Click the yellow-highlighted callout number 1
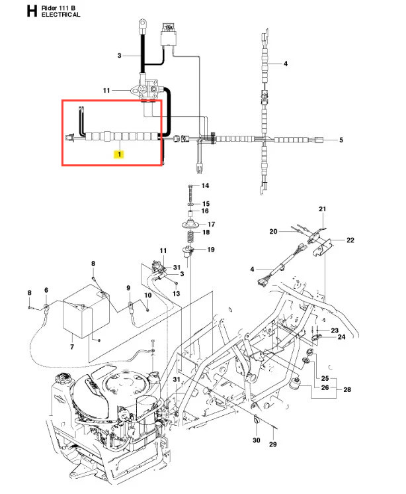119,154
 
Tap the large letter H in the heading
32,11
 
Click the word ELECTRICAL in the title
61,15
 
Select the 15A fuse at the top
169,28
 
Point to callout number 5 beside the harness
341,140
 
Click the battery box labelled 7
86,312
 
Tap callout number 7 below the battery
72,347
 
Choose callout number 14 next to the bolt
205,186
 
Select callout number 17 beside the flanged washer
212,224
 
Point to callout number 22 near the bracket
350,240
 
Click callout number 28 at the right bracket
347,390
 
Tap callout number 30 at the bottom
257,440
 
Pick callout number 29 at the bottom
272,444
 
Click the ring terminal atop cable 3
142,23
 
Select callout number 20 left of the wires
273,232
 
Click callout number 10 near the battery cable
148,295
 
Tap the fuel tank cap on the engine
62,377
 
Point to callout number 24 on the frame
341,337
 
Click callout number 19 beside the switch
211,250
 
